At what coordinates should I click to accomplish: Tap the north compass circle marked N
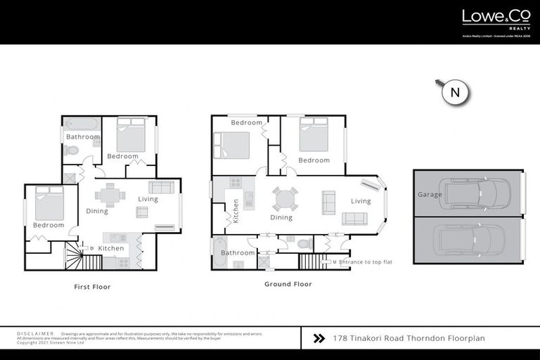click(455, 92)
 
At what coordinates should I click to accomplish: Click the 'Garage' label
click(430, 195)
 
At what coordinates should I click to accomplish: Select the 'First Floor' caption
click(92, 287)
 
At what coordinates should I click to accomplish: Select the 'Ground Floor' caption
click(288, 284)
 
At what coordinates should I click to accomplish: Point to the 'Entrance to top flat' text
click(365, 262)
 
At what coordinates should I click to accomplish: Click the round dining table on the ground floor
click(285, 199)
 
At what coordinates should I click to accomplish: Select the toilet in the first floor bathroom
click(71, 150)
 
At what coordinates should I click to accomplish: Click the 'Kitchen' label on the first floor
click(111, 248)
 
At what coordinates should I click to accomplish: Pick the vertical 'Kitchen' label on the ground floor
click(236, 211)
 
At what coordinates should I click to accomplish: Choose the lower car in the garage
click(470, 240)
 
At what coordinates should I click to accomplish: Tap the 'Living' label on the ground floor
click(361, 201)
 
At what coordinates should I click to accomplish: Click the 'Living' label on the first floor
click(148, 199)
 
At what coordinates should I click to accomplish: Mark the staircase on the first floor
click(74, 257)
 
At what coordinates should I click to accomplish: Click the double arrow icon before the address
click(319, 338)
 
